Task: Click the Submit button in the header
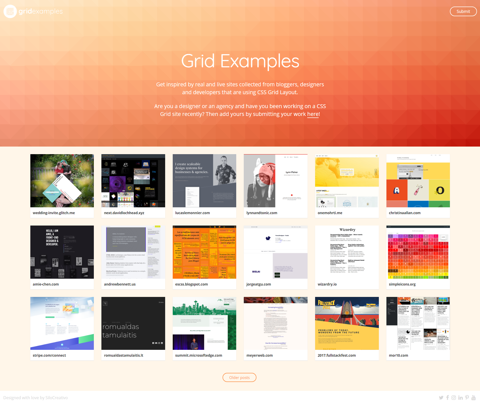(x=463, y=11)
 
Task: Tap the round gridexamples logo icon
(x=10, y=11)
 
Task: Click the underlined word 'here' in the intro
(x=313, y=114)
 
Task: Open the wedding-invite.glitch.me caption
(x=54, y=213)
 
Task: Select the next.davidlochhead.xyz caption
(x=124, y=213)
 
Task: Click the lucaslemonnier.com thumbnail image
(x=204, y=181)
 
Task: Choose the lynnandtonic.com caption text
(x=262, y=213)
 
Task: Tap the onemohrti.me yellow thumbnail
(x=347, y=181)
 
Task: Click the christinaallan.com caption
(x=405, y=213)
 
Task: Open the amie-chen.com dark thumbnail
(x=62, y=252)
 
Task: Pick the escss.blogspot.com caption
(x=191, y=284)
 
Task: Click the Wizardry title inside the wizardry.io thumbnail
(x=347, y=230)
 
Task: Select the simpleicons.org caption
(x=402, y=284)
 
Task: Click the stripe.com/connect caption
(x=49, y=355)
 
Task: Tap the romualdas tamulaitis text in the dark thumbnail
(x=121, y=331)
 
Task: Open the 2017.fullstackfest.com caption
(x=337, y=355)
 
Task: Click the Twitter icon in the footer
(x=441, y=398)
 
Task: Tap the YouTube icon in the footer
(x=473, y=398)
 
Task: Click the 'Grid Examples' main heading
(x=240, y=61)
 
